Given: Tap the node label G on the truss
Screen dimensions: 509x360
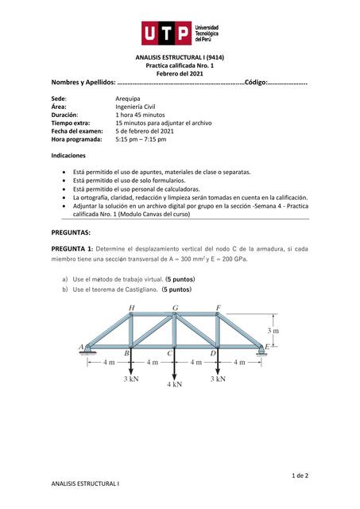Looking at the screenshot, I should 175,308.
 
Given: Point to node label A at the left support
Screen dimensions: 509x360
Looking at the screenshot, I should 81,347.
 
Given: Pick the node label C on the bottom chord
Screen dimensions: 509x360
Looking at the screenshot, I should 169,353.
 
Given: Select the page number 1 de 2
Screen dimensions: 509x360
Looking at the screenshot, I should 300,475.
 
